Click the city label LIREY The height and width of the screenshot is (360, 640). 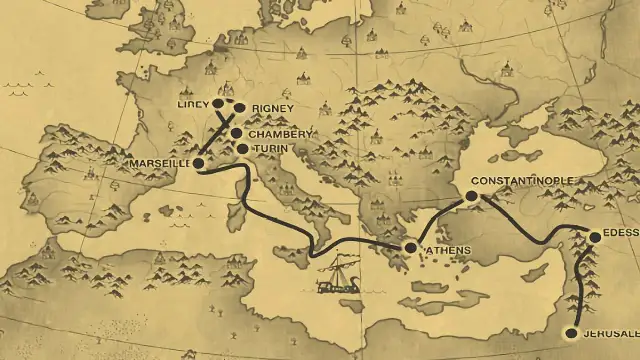click(191, 104)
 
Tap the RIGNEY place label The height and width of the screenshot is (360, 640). click(271, 108)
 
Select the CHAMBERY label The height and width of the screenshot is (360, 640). click(280, 134)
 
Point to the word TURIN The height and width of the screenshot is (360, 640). click(271, 148)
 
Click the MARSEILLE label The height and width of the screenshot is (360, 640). click(160, 163)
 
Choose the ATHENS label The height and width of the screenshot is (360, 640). click(446, 249)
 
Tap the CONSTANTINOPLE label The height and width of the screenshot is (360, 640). click(522, 180)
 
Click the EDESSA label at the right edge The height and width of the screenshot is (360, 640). click(621, 237)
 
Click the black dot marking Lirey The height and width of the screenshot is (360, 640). click(218, 103)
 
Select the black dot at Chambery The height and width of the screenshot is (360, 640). click(237, 133)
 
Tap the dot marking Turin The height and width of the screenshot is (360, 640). click(242, 148)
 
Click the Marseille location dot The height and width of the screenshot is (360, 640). click(199, 162)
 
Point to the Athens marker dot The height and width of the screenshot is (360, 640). click(410, 247)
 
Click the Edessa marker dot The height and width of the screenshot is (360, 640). click(595, 237)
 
